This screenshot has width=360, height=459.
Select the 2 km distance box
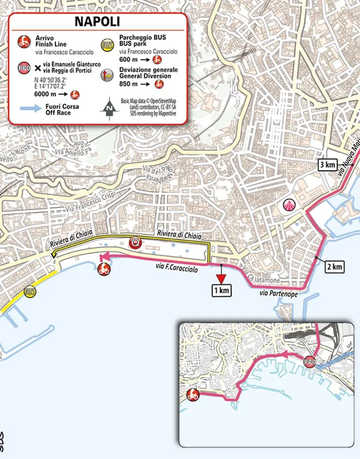(x=334, y=266)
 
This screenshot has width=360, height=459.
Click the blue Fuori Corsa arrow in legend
(x=33, y=107)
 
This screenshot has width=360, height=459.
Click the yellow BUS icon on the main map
(x=30, y=290)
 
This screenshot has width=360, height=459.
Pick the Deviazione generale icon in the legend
(x=106, y=75)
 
